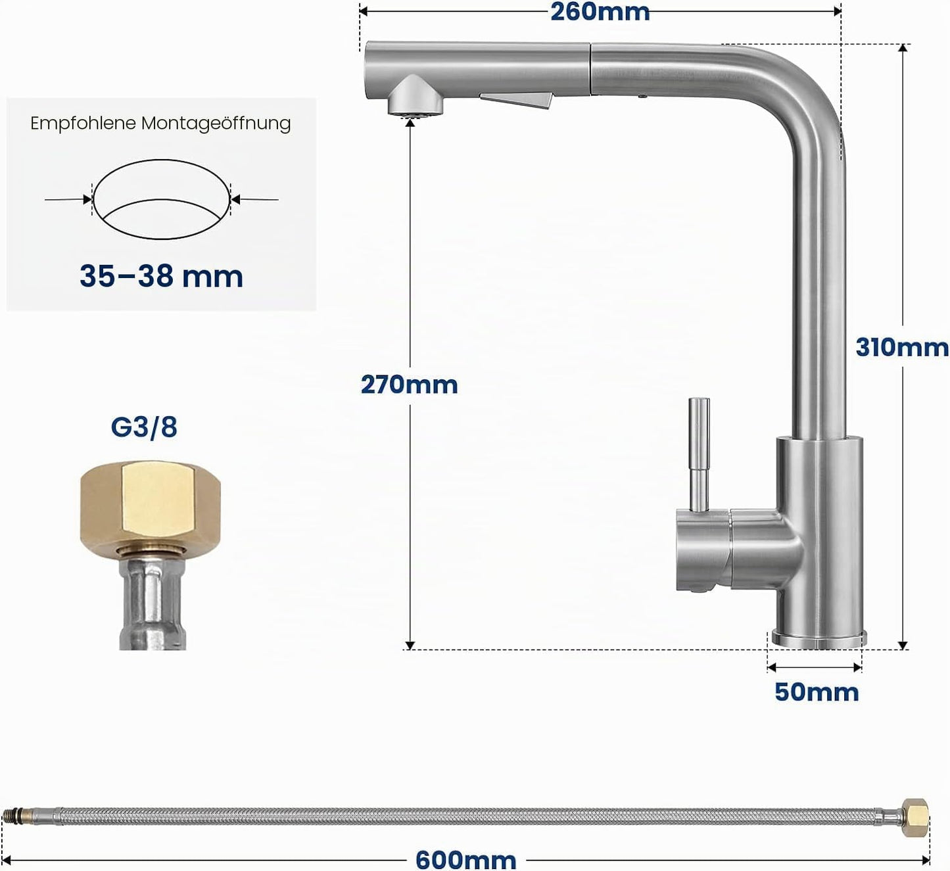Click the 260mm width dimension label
(600, 12)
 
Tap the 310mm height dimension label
(902, 348)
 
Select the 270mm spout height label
(409, 385)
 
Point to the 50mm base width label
(817, 692)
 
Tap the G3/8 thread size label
(144, 427)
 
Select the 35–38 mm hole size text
(161, 276)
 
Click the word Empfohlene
(83, 124)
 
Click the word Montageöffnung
(216, 124)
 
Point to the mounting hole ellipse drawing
(161, 160)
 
